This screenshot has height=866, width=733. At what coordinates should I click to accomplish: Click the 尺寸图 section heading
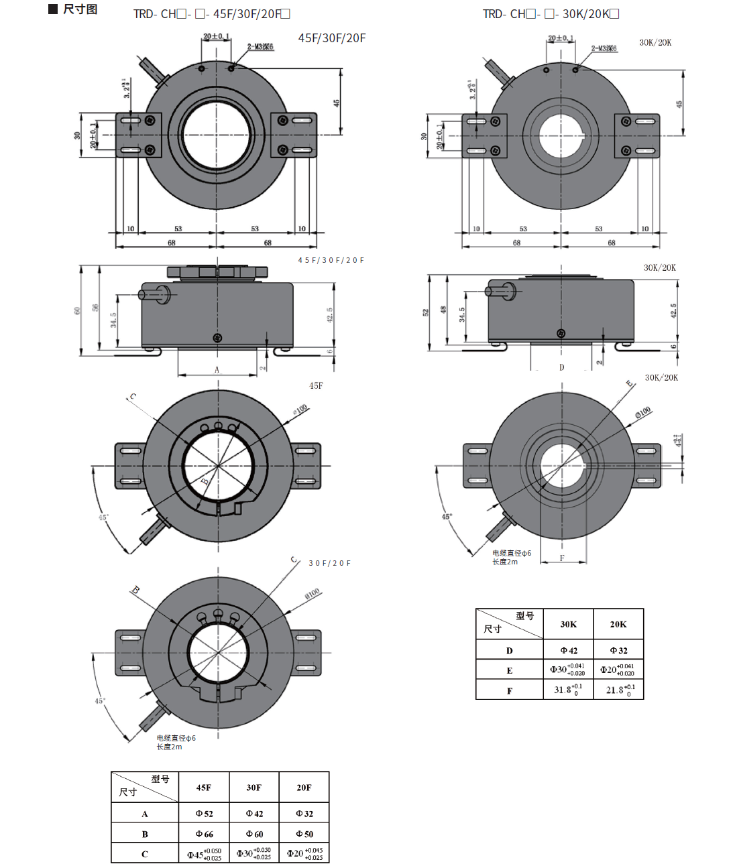[x=80, y=9]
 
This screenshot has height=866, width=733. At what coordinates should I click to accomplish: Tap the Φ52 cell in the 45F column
[x=204, y=814]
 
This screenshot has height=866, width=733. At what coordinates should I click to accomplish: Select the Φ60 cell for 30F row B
[x=254, y=834]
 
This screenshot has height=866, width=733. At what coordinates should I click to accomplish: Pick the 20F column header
[x=304, y=788]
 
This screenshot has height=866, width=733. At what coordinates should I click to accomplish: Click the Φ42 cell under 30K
[x=569, y=650]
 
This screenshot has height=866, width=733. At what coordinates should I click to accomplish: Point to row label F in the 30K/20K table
[x=510, y=690]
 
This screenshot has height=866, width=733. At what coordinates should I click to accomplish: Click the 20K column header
[x=618, y=624]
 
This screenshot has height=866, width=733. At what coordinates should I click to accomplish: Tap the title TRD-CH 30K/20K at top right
[x=551, y=14]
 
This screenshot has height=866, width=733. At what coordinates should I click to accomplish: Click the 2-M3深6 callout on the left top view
[x=260, y=47]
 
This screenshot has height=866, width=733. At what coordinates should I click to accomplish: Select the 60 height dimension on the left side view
[x=77, y=310]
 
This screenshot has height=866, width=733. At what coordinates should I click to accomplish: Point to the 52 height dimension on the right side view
[x=425, y=312]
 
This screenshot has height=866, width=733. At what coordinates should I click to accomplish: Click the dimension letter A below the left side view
[x=217, y=369]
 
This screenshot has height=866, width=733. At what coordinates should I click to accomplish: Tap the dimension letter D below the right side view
[x=562, y=367]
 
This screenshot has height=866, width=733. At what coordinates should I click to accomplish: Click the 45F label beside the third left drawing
[x=316, y=386]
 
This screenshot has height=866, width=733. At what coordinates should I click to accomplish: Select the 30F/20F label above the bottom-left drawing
[x=329, y=563]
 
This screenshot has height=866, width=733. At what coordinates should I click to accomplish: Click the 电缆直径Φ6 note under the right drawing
[x=512, y=554]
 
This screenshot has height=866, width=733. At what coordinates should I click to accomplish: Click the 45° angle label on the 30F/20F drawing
[x=99, y=701]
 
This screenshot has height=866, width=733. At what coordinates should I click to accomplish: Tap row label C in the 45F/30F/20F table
[x=145, y=854]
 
